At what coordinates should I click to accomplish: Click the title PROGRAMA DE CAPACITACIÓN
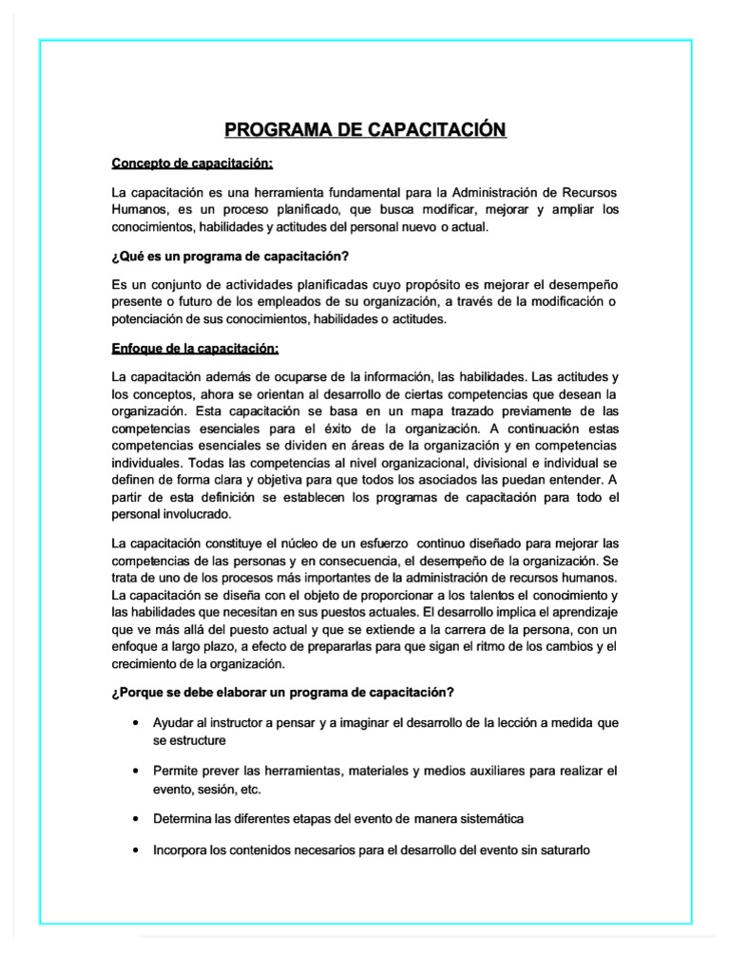[x=365, y=129]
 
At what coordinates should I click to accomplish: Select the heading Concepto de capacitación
[x=192, y=163]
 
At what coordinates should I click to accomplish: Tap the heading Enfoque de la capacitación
[x=195, y=347]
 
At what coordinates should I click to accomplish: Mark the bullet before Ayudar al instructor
[x=140, y=723]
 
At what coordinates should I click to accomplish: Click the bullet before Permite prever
[x=140, y=771]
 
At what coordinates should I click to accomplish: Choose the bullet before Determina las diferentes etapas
[x=140, y=818]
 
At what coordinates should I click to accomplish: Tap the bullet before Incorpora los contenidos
[x=140, y=850]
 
